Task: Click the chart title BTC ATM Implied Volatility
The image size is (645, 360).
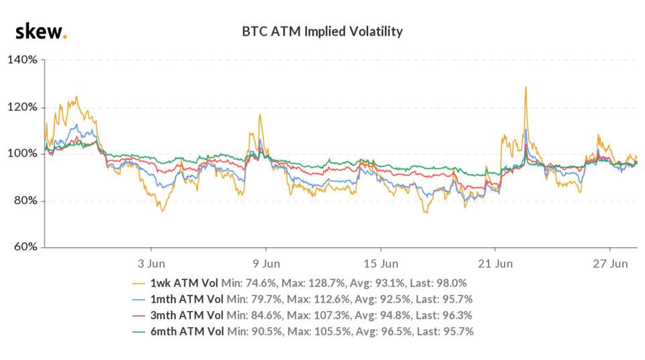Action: point(322,32)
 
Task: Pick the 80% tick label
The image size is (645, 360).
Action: point(25,201)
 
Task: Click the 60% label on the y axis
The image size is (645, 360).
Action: point(25,247)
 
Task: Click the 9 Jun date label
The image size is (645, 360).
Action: point(266,262)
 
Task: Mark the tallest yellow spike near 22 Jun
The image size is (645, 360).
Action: point(525,87)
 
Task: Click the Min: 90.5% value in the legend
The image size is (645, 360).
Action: point(255,332)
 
